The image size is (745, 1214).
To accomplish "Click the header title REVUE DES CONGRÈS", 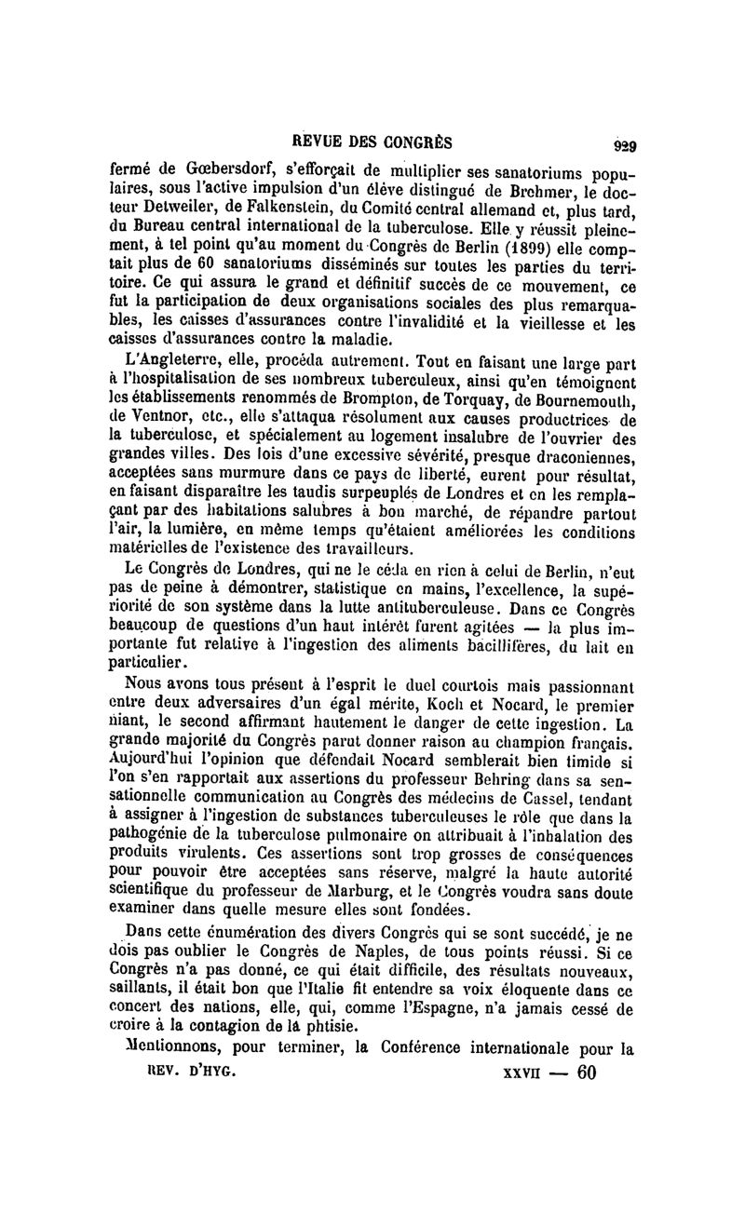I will pos(372,142).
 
